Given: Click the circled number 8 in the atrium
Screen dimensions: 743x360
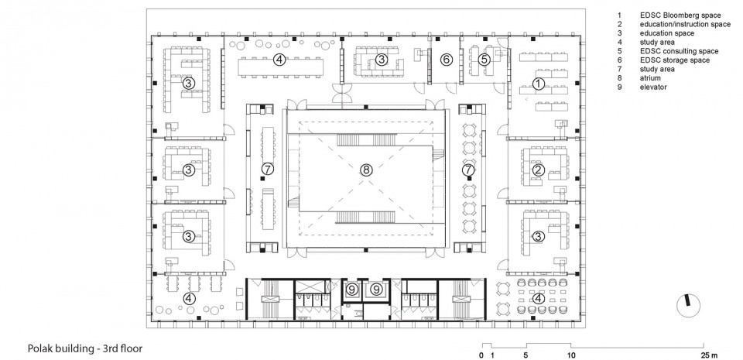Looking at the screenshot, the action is (366, 170).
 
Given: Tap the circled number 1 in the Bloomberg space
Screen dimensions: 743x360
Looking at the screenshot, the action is (539, 84).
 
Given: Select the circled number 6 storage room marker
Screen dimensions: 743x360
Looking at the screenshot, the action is (446, 60).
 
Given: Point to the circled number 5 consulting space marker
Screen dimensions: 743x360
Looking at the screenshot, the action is (483, 60).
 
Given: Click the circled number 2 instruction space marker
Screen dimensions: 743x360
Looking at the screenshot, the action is (538, 170).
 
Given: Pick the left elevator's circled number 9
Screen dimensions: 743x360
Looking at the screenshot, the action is (351, 289).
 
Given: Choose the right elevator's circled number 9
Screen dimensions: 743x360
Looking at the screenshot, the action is (376, 289).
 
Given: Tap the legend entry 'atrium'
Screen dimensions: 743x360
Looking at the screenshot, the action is (650, 78).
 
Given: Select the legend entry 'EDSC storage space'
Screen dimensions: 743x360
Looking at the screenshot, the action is (675, 60).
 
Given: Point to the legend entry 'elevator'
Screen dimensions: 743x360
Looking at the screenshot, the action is (653, 87).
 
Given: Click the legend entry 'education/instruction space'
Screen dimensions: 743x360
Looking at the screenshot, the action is (685, 24).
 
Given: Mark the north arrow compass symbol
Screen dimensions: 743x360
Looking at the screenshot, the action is (689, 306).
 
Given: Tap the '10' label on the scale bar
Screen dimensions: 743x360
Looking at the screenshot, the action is (572, 355).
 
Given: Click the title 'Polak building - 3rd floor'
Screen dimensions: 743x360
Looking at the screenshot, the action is (85, 348).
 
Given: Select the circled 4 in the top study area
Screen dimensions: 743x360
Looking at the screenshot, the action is (279, 60).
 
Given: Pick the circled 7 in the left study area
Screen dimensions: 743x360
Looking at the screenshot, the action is (267, 168).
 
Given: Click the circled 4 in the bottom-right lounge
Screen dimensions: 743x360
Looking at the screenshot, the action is (538, 298).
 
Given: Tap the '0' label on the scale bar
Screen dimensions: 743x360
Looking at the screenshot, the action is (481, 355).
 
